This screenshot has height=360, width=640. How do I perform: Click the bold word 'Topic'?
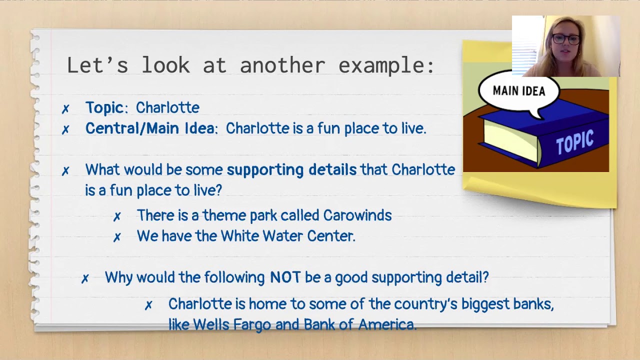click(x=104, y=107)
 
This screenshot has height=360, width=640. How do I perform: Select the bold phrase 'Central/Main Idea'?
click(x=149, y=128)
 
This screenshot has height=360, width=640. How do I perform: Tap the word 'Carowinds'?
click(x=357, y=215)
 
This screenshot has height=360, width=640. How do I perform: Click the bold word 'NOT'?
click(x=285, y=277)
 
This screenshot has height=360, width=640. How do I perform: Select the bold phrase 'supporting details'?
click(x=291, y=170)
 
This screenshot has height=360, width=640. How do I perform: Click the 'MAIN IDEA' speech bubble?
click(x=518, y=91)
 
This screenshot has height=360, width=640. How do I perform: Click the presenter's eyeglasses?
click(x=566, y=39)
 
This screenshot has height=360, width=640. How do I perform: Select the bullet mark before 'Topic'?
click(x=65, y=109)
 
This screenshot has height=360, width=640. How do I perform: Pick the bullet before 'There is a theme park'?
click(x=117, y=216)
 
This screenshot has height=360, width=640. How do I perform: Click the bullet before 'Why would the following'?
click(x=85, y=279)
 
